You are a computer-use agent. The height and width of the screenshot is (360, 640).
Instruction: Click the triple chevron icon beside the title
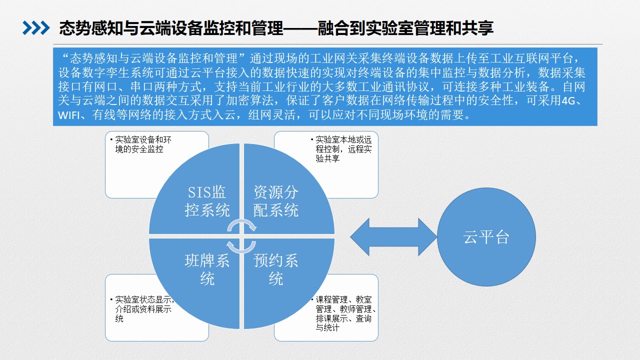(x=36, y=28)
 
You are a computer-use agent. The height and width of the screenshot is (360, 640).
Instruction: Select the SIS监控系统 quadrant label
(x=207, y=201)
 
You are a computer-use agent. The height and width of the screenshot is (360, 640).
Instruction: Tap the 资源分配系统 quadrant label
(x=276, y=201)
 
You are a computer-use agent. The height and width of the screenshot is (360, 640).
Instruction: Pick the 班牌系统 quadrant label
(x=207, y=269)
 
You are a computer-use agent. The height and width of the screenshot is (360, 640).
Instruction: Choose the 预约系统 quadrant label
(x=276, y=269)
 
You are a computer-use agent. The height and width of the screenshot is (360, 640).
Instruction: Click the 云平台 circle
(x=486, y=237)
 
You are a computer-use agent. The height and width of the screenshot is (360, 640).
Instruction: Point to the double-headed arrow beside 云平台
(x=393, y=237)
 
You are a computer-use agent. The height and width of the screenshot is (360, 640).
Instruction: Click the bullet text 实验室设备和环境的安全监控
(x=141, y=144)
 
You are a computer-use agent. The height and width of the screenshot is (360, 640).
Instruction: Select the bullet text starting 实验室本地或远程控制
(x=341, y=149)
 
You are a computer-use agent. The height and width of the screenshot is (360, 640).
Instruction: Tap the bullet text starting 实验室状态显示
(x=142, y=309)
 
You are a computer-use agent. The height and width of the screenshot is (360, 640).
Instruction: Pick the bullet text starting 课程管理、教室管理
(x=343, y=313)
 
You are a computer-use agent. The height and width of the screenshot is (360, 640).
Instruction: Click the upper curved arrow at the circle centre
(x=241, y=225)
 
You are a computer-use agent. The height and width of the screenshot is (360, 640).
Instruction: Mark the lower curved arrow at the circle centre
(x=241, y=247)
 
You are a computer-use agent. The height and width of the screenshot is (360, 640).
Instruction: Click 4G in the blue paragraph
(x=568, y=101)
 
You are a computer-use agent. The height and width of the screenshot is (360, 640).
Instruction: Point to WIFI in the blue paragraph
(x=69, y=115)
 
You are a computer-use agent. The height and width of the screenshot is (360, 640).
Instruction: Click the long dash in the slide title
(x=300, y=28)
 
